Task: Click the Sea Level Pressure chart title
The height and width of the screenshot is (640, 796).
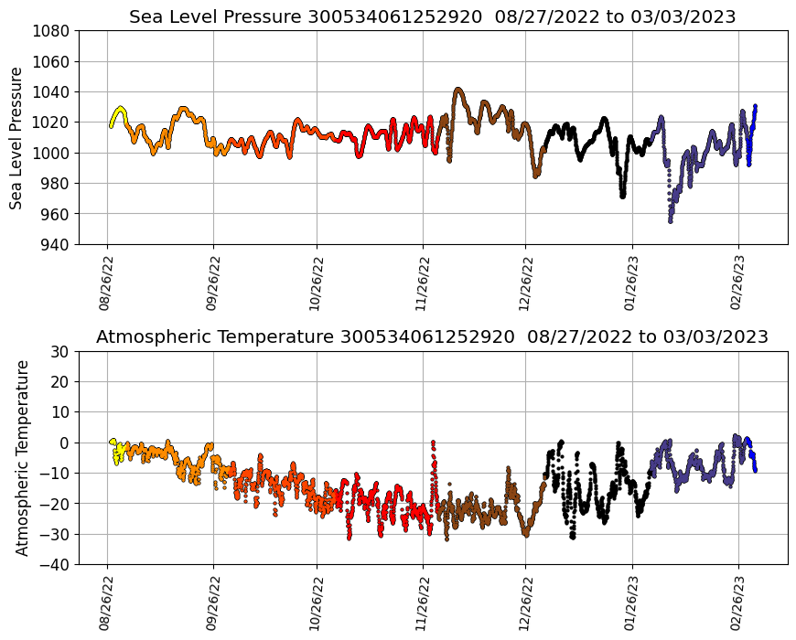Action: pos(432,16)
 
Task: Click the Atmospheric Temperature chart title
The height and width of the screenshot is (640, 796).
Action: pos(432,336)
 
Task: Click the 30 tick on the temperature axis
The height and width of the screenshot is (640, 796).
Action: pos(61,351)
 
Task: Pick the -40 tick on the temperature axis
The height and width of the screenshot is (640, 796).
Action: pos(58,564)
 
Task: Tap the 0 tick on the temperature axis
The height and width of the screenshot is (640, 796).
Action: pos(66,443)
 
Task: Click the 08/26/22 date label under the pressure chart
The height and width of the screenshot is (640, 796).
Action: pos(106,283)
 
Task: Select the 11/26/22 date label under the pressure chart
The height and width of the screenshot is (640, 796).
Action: pos(422,283)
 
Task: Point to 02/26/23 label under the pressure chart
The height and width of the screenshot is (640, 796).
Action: pos(738,283)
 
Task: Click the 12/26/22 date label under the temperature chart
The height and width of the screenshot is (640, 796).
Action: pos(525,603)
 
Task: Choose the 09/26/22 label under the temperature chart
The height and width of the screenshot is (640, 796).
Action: pos(213,603)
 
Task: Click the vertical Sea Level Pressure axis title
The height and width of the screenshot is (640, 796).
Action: pos(17,137)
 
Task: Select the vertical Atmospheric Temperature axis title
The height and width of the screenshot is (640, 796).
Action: pos(22,457)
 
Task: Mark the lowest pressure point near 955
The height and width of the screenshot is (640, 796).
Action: pos(670,220)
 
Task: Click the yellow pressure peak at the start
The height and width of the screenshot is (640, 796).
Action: pos(120,108)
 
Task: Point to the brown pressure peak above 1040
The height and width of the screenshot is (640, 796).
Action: pos(458,90)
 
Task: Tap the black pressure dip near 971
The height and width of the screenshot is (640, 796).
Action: pos(622,196)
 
